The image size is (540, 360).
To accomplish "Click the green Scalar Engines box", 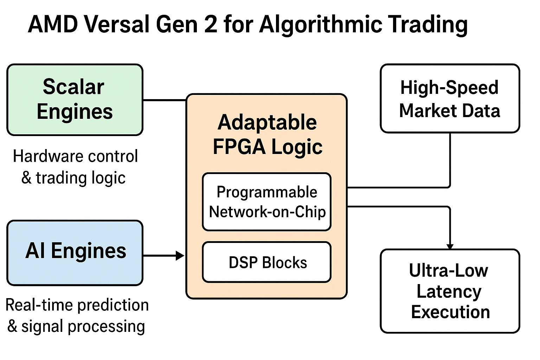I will [x=75, y=99].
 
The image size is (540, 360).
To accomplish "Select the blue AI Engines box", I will [x=75, y=252].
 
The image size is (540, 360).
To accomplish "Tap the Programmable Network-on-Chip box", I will [x=267, y=202].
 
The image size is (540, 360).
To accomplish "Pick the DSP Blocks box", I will [x=267, y=262].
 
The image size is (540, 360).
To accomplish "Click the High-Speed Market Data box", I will [x=450, y=98].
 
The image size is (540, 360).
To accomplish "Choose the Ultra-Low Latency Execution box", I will [x=450, y=291].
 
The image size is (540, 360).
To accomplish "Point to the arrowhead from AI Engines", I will [x=180, y=256].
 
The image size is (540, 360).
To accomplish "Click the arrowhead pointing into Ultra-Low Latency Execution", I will [x=450, y=246].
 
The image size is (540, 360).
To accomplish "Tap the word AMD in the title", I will [x=53, y=25].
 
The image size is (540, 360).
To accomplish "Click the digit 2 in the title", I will [x=211, y=25].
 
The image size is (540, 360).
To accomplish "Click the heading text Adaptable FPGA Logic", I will [x=267, y=134].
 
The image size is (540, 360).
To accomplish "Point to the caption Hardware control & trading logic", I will [x=75, y=167].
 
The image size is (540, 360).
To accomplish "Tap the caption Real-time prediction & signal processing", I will [x=77, y=315].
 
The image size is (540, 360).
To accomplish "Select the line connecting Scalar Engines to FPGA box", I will [x=164, y=100].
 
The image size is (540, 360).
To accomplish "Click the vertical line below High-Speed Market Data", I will [x=450, y=158].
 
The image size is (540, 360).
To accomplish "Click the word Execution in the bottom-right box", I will [x=450, y=312].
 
